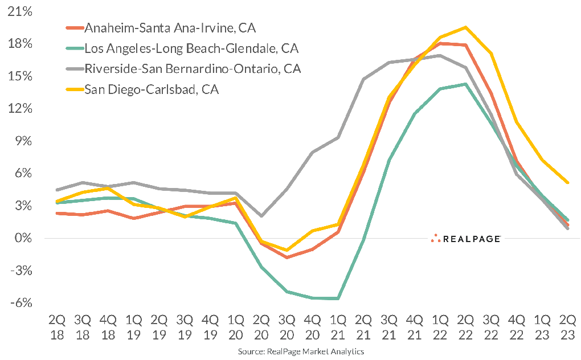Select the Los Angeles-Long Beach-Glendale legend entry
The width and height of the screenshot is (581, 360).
pos(191,48)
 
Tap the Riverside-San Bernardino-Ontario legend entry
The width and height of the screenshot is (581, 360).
pos(193,69)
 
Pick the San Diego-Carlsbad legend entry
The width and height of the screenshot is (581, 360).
pos(151,89)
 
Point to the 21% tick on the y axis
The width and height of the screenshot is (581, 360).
pos(20,11)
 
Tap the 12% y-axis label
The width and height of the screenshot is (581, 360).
pos(20,109)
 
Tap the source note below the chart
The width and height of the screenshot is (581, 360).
pos(301,352)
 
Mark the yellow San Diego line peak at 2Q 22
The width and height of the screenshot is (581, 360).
pos(466,27)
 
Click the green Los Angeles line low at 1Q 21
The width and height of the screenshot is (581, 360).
pos(338,298)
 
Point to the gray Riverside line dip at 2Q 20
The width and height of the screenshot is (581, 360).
pos(261,216)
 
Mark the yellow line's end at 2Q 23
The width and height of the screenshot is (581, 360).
pos(568,182)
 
